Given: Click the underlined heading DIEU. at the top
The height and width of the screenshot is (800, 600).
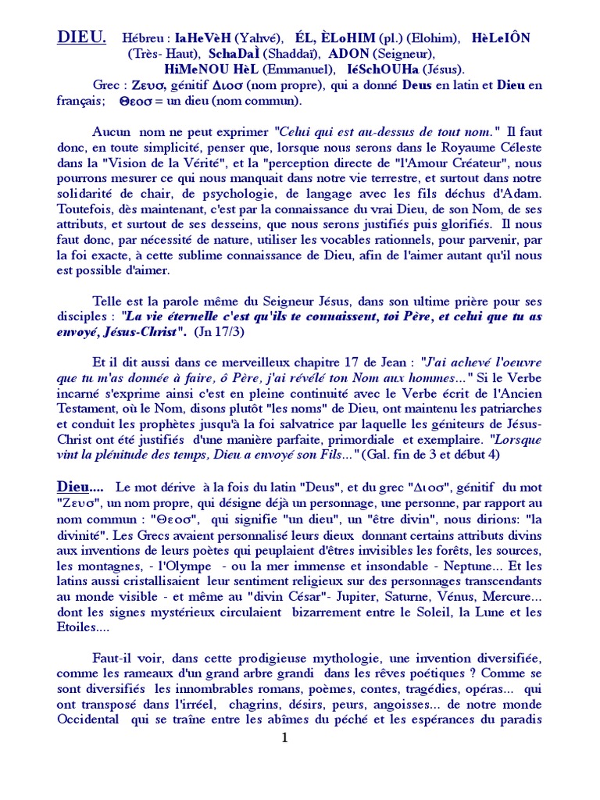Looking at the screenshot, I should (81, 37).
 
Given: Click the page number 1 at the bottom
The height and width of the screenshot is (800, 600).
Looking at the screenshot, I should (285, 738).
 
